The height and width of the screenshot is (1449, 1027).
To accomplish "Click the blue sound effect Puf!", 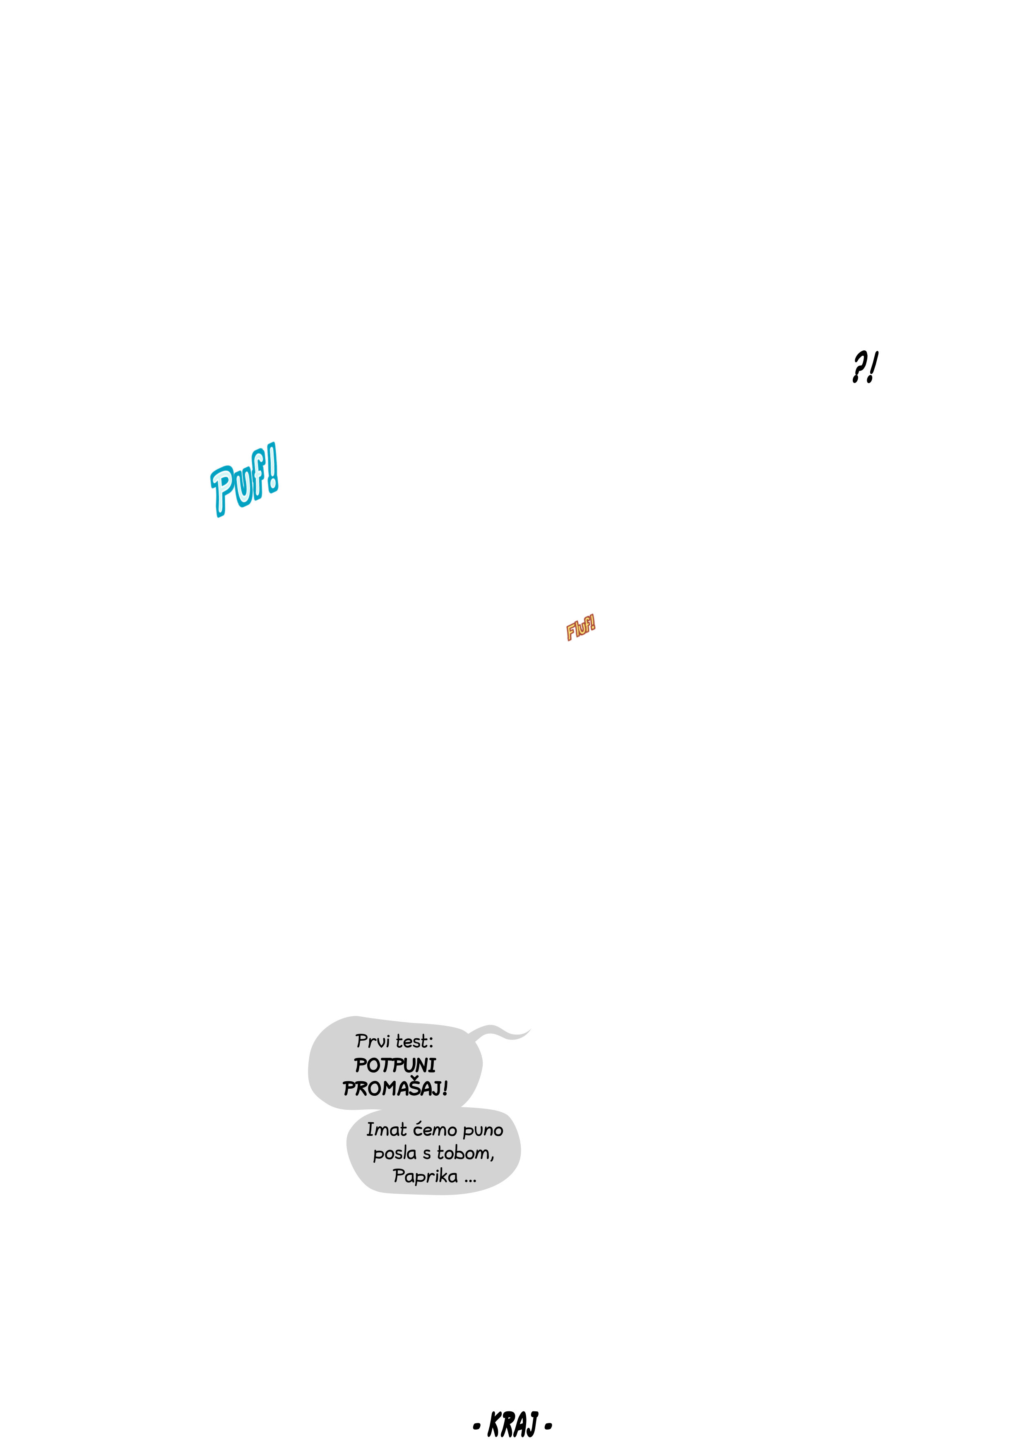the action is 244,480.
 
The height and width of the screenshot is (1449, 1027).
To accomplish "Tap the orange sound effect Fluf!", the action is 580,628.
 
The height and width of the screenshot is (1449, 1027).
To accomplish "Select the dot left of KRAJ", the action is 477,1426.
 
